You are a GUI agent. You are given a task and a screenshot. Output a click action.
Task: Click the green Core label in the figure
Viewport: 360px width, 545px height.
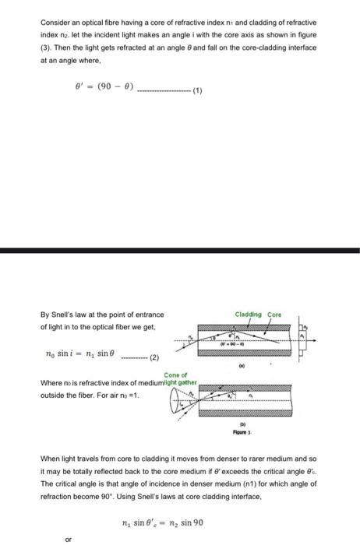coord(274,315)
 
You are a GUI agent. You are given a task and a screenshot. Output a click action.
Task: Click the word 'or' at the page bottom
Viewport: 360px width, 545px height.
coord(69,538)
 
